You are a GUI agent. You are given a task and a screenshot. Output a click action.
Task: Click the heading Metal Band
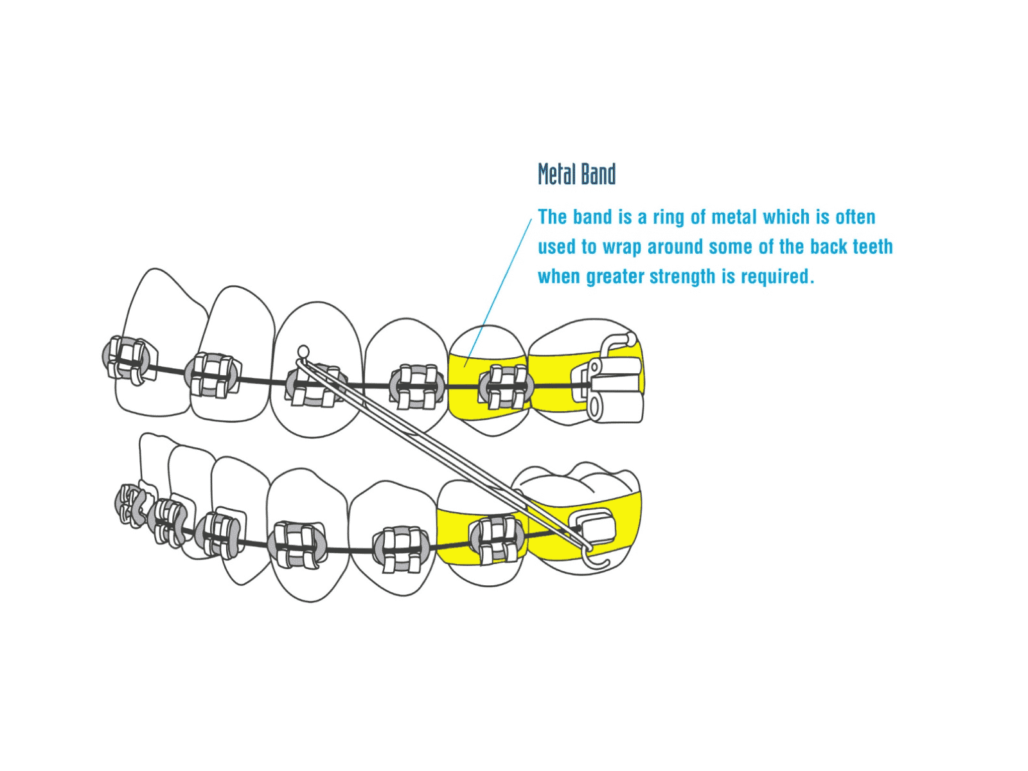pyautogui.click(x=576, y=174)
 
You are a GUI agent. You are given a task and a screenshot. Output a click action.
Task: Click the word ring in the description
pyautogui.click(x=669, y=217)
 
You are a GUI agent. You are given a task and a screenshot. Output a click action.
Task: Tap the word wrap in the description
pyautogui.click(x=622, y=247)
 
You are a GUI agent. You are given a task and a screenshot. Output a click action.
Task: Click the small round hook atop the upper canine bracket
pyautogui.click(x=303, y=351)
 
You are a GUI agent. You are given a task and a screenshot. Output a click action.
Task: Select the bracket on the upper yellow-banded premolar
pyautogui.click(x=506, y=387)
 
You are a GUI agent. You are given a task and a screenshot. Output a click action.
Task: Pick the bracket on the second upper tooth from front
pyautogui.click(x=213, y=375)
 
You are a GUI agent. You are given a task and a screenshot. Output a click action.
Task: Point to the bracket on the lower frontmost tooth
pyautogui.click(x=132, y=505)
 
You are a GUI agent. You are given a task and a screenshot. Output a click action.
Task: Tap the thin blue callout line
pyautogui.click(x=499, y=289)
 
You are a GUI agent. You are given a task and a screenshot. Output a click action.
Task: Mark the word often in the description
pyautogui.click(x=855, y=217)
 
